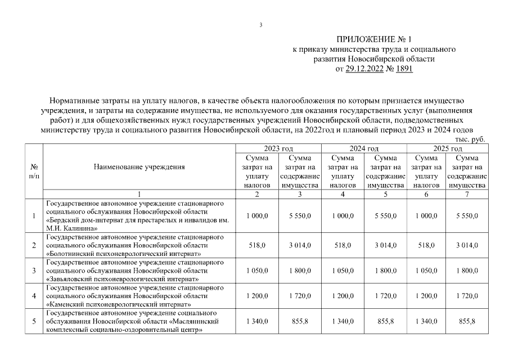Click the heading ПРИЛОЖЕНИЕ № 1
[374, 39]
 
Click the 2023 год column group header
[278, 148]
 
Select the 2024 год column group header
[364, 148]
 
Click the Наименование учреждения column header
[139, 166]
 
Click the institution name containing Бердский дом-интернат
[138, 215]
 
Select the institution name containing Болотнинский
[134, 245]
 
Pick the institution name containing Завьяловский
[134, 271]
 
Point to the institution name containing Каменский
[134, 296]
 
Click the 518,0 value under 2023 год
[256, 245]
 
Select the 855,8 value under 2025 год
[467, 321]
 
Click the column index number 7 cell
[467, 195]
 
